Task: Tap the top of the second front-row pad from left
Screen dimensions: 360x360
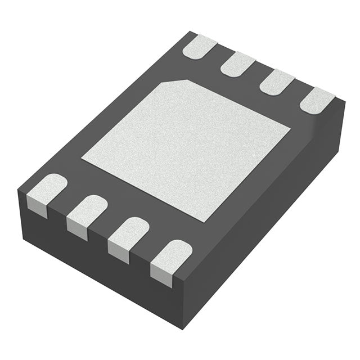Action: coord(87,207)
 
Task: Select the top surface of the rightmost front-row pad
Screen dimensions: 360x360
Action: coord(171,252)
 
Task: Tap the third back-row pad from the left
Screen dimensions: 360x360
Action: coord(276,81)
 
